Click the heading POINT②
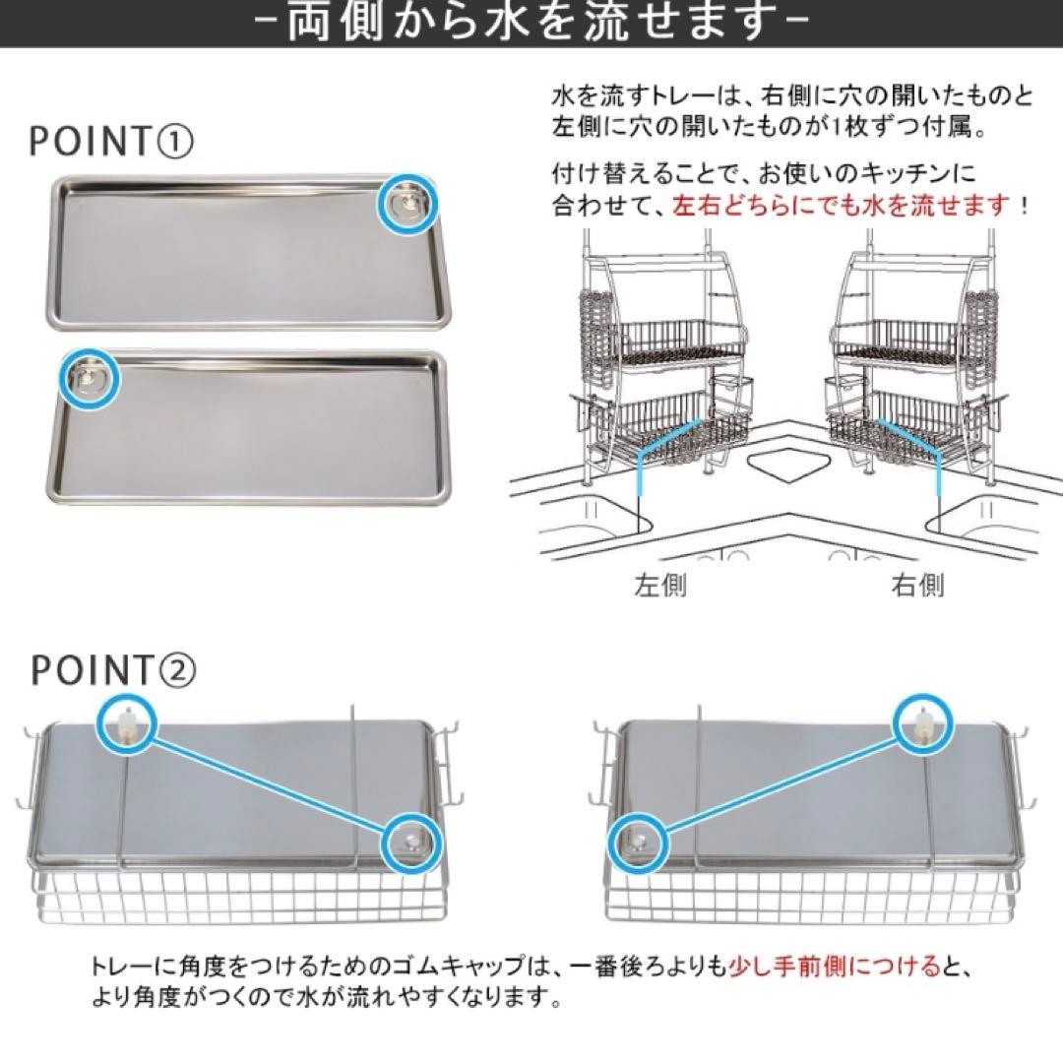click(x=112, y=670)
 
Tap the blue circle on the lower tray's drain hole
click(x=89, y=376)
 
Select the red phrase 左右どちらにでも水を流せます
click(x=843, y=207)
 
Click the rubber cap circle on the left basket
click(x=127, y=727)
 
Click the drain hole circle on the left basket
click(x=409, y=842)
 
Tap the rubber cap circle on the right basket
click(x=926, y=727)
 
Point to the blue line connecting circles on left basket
click(x=268, y=784)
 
